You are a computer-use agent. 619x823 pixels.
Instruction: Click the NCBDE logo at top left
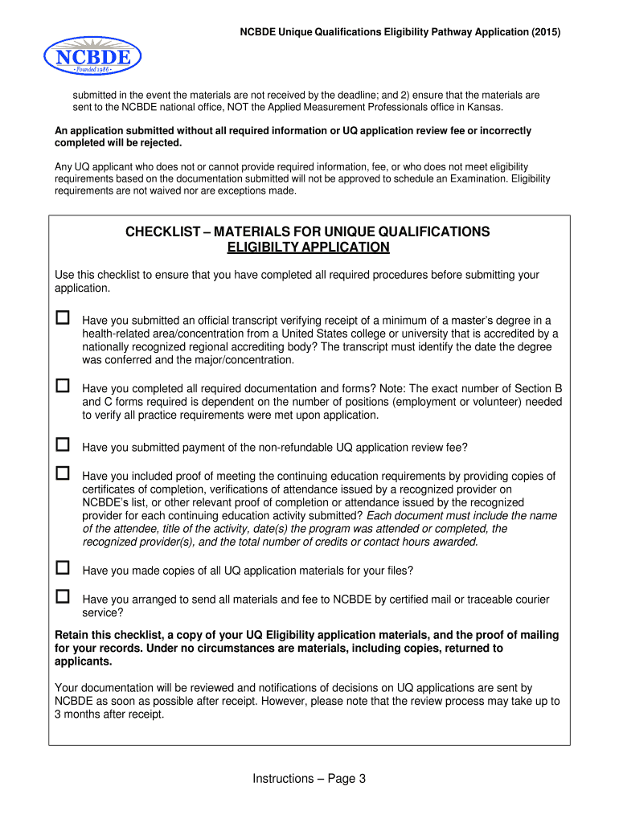pyautogui.click(x=92, y=55)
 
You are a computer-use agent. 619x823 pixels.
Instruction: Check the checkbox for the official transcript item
pyautogui.click(x=63, y=317)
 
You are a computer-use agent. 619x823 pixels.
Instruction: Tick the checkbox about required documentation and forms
pyautogui.click(x=63, y=386)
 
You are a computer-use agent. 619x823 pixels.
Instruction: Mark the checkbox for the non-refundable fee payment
pyautogui.click(x=63, y=444)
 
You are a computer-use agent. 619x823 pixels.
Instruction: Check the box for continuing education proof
pyautogui.click(x=63, y=473)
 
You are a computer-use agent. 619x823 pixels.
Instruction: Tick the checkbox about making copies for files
pyautogui.click(x=63, y=568)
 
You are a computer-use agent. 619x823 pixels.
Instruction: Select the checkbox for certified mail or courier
pyautogui.click(x=63, y=596)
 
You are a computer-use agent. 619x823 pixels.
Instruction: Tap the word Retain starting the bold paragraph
pyautogui.click(x=72, y=635)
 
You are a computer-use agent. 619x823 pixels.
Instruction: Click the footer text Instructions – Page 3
pyautogui.click(x=309, y=778)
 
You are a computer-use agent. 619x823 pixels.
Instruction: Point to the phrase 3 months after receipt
pyautogui.click(x=109, y=714)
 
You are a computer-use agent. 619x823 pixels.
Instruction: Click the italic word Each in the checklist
pyautogui.click(x=379, y=515)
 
